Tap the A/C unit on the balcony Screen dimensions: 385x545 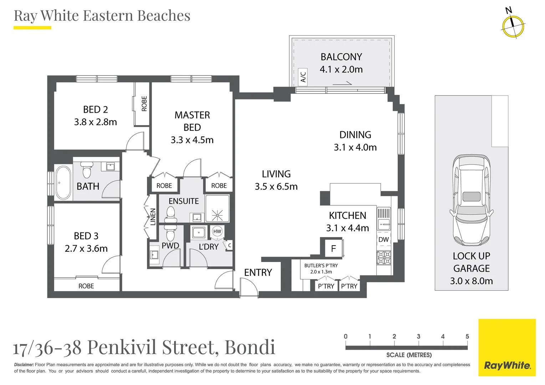[x=303, y=77]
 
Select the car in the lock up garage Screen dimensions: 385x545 [x=472, y=200]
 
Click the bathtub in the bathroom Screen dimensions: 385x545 [x=63, y=183]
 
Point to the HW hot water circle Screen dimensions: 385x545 [x=217, y=231]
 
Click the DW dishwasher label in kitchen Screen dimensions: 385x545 [x=383, y=240]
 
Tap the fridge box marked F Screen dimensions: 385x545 [x=333, y=248]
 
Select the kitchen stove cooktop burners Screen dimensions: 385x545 [x=384, y=258]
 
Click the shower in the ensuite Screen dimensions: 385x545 [x=217, y=213]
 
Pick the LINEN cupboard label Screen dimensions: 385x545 [x=153, y=217]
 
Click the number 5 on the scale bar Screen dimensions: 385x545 [x=467, y=337]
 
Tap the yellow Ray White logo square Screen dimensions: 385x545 [x=507, y=347]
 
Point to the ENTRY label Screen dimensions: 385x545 [x=258, y=273]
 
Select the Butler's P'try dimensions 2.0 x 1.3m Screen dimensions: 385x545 [x=321, y=272]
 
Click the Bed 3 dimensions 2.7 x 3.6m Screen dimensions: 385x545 [x=86, y=248]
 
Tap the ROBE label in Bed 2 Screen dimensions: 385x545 [x=144, y=104]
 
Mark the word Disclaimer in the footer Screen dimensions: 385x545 [x=24, y=365]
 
